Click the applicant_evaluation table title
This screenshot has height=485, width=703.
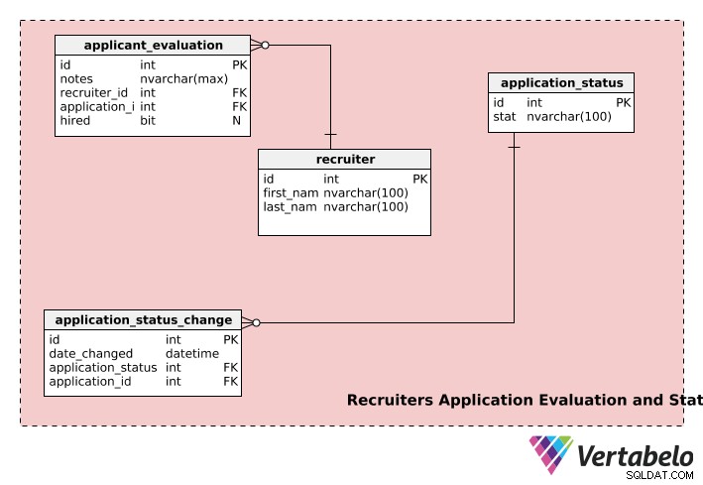tap(154, 46)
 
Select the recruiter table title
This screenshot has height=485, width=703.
tap(345, 160)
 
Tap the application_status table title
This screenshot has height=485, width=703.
tap(562, 83)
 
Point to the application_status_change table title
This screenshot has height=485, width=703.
tap(144, 320)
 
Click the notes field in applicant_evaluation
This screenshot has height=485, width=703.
tap(76, 79)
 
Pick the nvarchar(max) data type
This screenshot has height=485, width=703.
tap(183, 79)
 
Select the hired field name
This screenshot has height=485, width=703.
tap(75, 121)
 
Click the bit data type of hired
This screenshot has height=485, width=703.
tap(148, 121)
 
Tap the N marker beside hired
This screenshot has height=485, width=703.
tap(236, 121)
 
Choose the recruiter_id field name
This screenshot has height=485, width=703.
tap(94, 93)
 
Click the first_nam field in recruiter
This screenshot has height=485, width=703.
tap(291, 193)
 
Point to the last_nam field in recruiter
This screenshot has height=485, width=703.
tap(290, 207)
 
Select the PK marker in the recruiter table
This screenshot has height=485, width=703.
tap(420, 179)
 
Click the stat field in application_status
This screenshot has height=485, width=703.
tap(505, 117)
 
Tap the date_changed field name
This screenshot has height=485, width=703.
tap(90, 353)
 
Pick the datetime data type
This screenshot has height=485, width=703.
tap(192, 353)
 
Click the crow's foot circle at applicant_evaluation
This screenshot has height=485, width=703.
tap(265, 46)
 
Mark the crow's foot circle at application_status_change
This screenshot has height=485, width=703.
tap(256, 322)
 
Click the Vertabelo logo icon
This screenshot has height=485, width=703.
tap(551, 454)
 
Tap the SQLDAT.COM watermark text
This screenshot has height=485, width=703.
tap(659, 476)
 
